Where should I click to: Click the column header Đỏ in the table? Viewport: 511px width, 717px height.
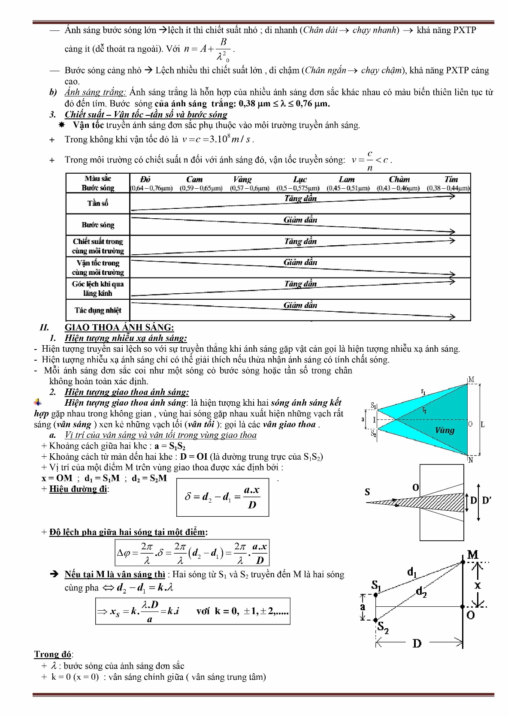tap(145, 179)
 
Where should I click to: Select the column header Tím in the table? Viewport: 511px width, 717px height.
tap(451, 179)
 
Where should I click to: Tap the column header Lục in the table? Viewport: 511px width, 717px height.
tap(300, 179)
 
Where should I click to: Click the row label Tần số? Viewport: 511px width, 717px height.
tap(98, 203)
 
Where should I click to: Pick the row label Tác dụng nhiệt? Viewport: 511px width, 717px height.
tap(98, 310)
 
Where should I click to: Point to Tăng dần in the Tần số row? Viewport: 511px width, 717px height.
tap(300, 199)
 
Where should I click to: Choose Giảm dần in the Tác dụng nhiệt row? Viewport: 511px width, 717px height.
tap(300, 305)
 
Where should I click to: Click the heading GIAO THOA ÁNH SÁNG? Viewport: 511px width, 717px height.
tap(119, 328)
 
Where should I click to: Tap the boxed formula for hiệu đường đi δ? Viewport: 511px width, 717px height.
tap(223, 497)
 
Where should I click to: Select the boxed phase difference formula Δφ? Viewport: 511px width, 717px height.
tap(192, 553)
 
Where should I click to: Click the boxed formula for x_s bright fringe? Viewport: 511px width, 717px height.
tap(193, 611)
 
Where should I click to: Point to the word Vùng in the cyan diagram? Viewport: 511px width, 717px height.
tap(444, 430)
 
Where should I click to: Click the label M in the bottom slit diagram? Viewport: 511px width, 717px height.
tap(473, 555)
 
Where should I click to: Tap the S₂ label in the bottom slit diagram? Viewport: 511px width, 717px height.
tap(383, 628)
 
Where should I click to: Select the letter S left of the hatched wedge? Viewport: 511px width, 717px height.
tap(367, 492)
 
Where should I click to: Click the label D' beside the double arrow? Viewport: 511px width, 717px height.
tap(487, 500)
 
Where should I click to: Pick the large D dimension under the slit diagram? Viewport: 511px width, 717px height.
tap(417, 643)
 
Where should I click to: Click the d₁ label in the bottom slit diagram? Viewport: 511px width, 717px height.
tap(411, 572)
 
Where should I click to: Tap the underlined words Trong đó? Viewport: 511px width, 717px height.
tap(53, 654)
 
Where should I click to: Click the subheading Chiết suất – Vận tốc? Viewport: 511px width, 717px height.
tap(146, 114)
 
